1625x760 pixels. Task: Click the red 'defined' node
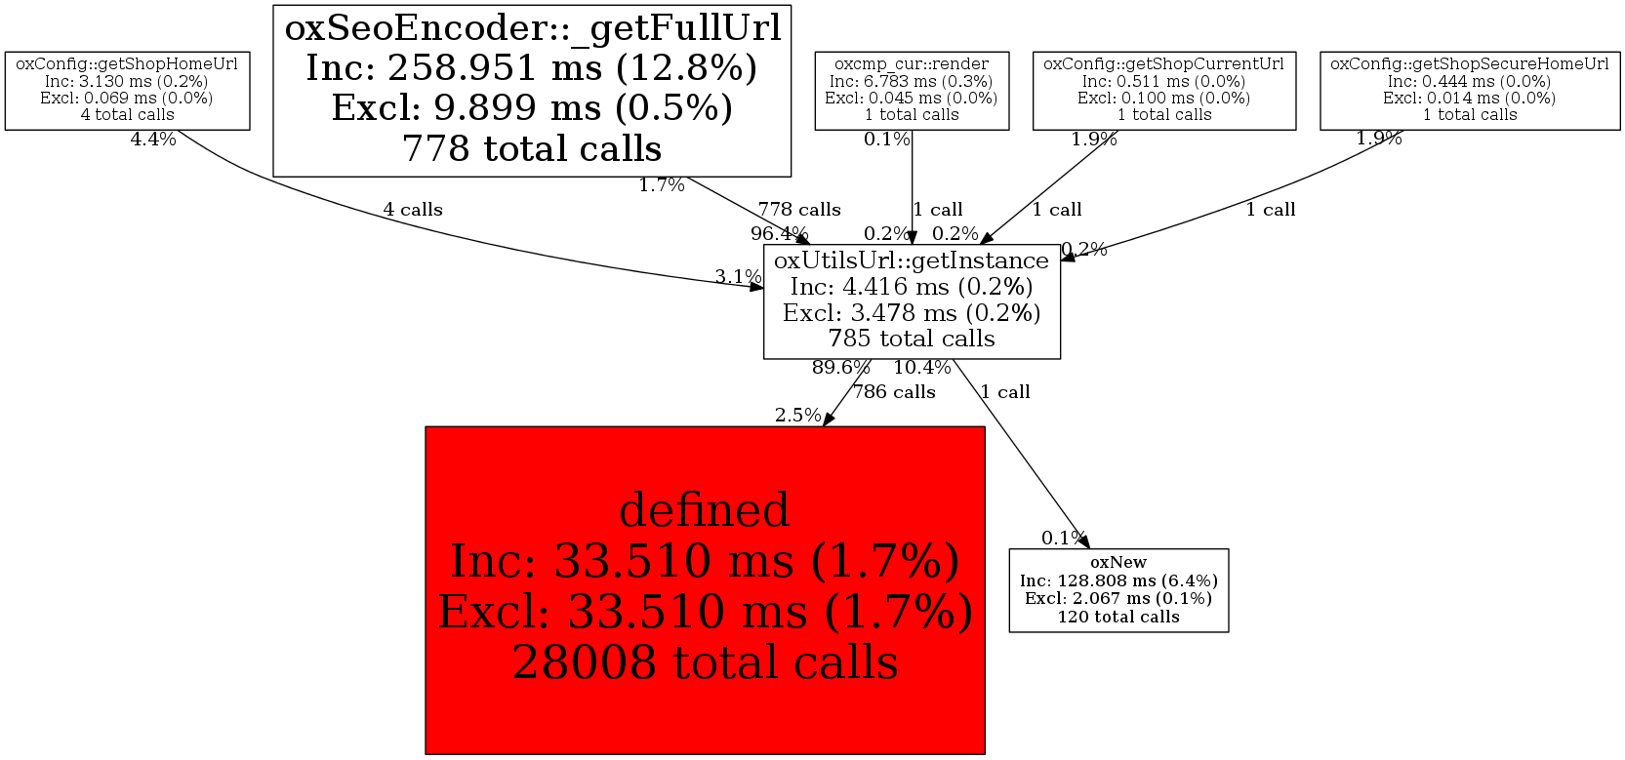[x=705, y=589]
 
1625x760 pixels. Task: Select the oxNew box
[x=1118, y=590]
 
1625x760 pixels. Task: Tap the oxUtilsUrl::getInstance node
[x=912, y=301]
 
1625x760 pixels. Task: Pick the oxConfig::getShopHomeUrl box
[x=127, y=91]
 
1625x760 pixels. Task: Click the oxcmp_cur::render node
[x=912, y=91]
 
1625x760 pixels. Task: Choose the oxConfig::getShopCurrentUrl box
[x=1164, y=91]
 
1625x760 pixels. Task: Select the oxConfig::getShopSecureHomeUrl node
[x=1470, y=91]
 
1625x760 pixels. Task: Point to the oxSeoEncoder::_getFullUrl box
[x=532, y=91]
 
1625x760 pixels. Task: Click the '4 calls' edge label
[x=412, y=210]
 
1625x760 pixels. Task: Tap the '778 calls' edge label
[x=799, y=210]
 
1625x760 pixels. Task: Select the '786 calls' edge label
[x=894, y=392]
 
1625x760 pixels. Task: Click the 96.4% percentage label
[x=779, y=233]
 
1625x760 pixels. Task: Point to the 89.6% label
[x=840, y=368]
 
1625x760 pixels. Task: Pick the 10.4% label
[x=921, y=368]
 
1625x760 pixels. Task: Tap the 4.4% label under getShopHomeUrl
[x=153, y=140]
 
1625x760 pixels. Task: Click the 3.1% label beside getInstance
[x=737, y=277]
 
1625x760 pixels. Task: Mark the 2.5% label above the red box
[x=797, y=416]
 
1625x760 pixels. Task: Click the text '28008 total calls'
[x=705, y=662]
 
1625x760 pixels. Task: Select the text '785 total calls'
[x=912, y=339]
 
